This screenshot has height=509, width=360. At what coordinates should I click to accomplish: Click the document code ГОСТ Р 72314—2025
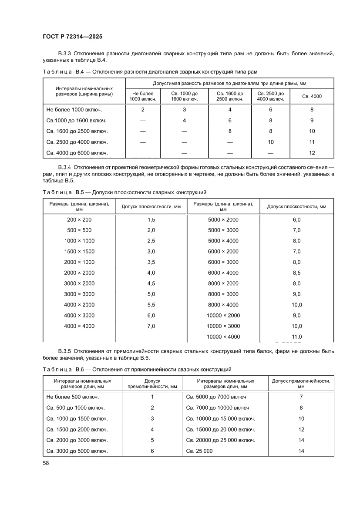tap(72, 37)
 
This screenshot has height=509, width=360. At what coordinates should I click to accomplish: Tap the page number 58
tap(46, 463)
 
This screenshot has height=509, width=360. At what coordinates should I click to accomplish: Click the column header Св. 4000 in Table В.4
tap(312, 96)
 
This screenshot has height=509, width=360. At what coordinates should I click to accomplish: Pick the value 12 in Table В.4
tap(312, 153)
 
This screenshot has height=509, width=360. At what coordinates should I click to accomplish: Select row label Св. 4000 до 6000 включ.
tap(77, 153)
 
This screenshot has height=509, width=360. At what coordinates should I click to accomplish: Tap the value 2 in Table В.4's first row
tap(142, 110)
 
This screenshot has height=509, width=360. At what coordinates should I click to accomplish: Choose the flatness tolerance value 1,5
tap(151, 219)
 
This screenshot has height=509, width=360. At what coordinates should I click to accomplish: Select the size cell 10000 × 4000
tap(223, 337)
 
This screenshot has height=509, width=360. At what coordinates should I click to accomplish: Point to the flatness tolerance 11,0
tap(297, 337)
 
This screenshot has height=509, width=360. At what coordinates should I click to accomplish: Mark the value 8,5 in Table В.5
tap(297, 273)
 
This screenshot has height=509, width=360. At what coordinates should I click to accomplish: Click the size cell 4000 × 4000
tap(79, 326)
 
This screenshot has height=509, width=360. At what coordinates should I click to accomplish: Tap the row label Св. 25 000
tap(199, 451)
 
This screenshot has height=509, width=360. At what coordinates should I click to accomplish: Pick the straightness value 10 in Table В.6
tap(301, 418)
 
